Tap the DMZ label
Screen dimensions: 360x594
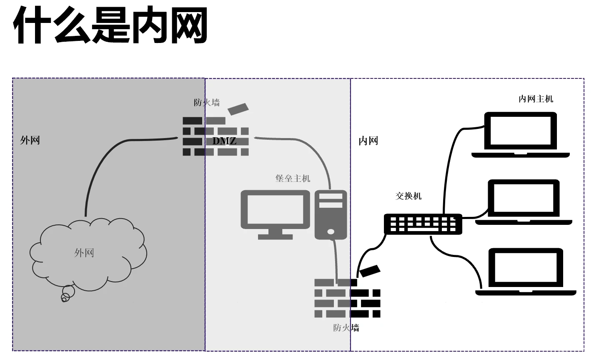point(224,141)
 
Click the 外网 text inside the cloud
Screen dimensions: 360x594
point(84,253)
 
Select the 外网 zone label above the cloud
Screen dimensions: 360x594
point(30,140)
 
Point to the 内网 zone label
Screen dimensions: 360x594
point(368,141)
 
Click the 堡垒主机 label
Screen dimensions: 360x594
point(293,178)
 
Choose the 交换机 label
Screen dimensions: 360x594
point(408,196)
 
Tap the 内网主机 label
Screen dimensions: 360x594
point(536,99)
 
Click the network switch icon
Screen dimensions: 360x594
point(423,224)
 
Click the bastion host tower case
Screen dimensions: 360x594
point(331,214)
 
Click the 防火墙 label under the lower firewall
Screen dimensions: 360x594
point(346,327)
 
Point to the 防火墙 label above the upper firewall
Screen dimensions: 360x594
point(207,103)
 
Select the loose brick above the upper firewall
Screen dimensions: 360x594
point(238,108)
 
